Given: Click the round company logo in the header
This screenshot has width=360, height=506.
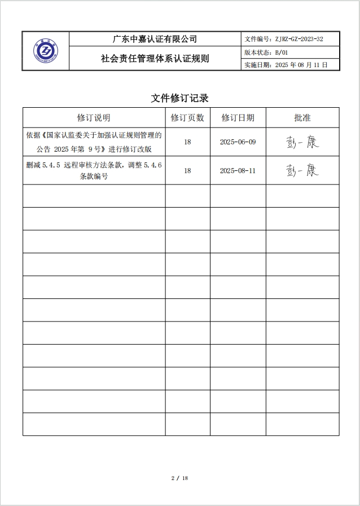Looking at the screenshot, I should [x=46, y=51].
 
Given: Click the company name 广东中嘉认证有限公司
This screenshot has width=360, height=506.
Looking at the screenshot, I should [x=155, y=39].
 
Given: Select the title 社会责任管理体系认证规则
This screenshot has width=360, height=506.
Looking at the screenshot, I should [x=155, y=58].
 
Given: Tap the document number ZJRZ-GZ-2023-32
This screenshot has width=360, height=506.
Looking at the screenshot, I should [x=298, y=39].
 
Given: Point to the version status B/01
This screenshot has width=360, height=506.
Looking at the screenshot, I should [x=280, y=52].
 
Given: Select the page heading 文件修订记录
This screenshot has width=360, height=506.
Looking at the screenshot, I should [x=180, y=98].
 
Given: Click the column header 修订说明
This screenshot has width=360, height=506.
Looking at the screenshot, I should [x=94, y=118].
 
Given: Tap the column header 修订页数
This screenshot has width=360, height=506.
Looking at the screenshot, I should [x=187, y=118].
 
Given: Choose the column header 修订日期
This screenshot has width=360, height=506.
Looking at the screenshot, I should [x=238, y=118].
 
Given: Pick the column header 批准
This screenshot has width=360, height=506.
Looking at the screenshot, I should [x=302, y=118].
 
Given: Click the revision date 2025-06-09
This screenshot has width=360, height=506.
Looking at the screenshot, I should [x=238, y=142].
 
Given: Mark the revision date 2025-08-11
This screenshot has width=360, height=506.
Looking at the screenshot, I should [x=238, y=170].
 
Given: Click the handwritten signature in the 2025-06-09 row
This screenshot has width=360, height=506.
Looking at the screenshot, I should [x=302, y=142].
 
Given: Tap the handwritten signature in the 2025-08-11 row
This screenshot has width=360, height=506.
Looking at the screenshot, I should [x=302, y=170].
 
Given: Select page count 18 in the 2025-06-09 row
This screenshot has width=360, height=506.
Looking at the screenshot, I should [x=187, y=142].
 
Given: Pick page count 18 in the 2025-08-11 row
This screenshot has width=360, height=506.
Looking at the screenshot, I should [x=187, y=170].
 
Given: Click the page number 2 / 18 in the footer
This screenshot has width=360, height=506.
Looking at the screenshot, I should [x=179, y=478].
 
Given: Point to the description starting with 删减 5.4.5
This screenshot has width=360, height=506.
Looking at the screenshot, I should [x=94, y=170].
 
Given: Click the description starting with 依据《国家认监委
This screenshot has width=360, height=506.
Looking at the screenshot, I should [x=94, y=142].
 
